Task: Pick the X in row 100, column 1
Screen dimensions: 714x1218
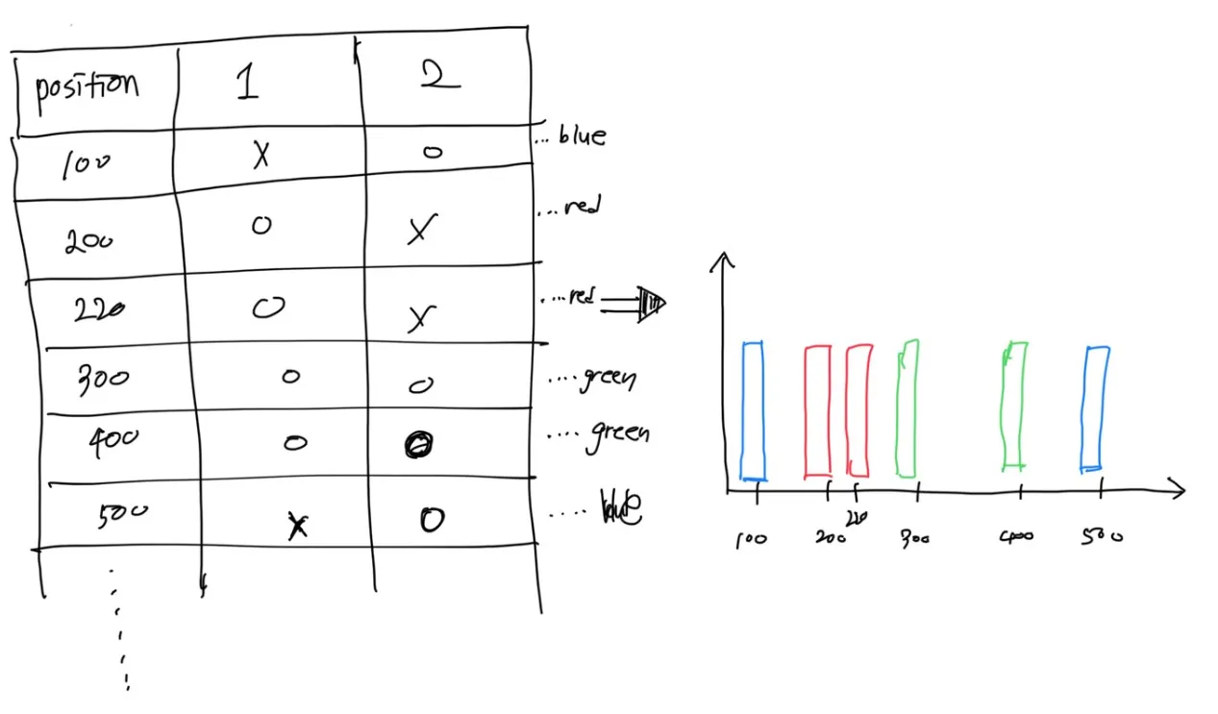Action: (x=261, y=156)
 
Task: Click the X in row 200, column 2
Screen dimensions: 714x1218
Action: (x=417, y=230)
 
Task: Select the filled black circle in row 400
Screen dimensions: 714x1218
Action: (x=419, y=444)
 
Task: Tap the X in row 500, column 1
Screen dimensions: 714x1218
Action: (x=298, y=525)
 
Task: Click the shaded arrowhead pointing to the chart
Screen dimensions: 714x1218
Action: (x=653, y=304)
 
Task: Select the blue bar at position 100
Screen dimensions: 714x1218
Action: (x=753, y=410)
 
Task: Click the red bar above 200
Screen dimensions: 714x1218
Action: (x=817, y=410)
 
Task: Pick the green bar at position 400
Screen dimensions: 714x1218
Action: (x=1014, y=406)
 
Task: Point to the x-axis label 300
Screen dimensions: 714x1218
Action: (x=914, y=539)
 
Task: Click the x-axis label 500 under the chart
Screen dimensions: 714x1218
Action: (x=1100, y=536)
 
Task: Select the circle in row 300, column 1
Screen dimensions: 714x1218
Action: (x=290, y=376)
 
